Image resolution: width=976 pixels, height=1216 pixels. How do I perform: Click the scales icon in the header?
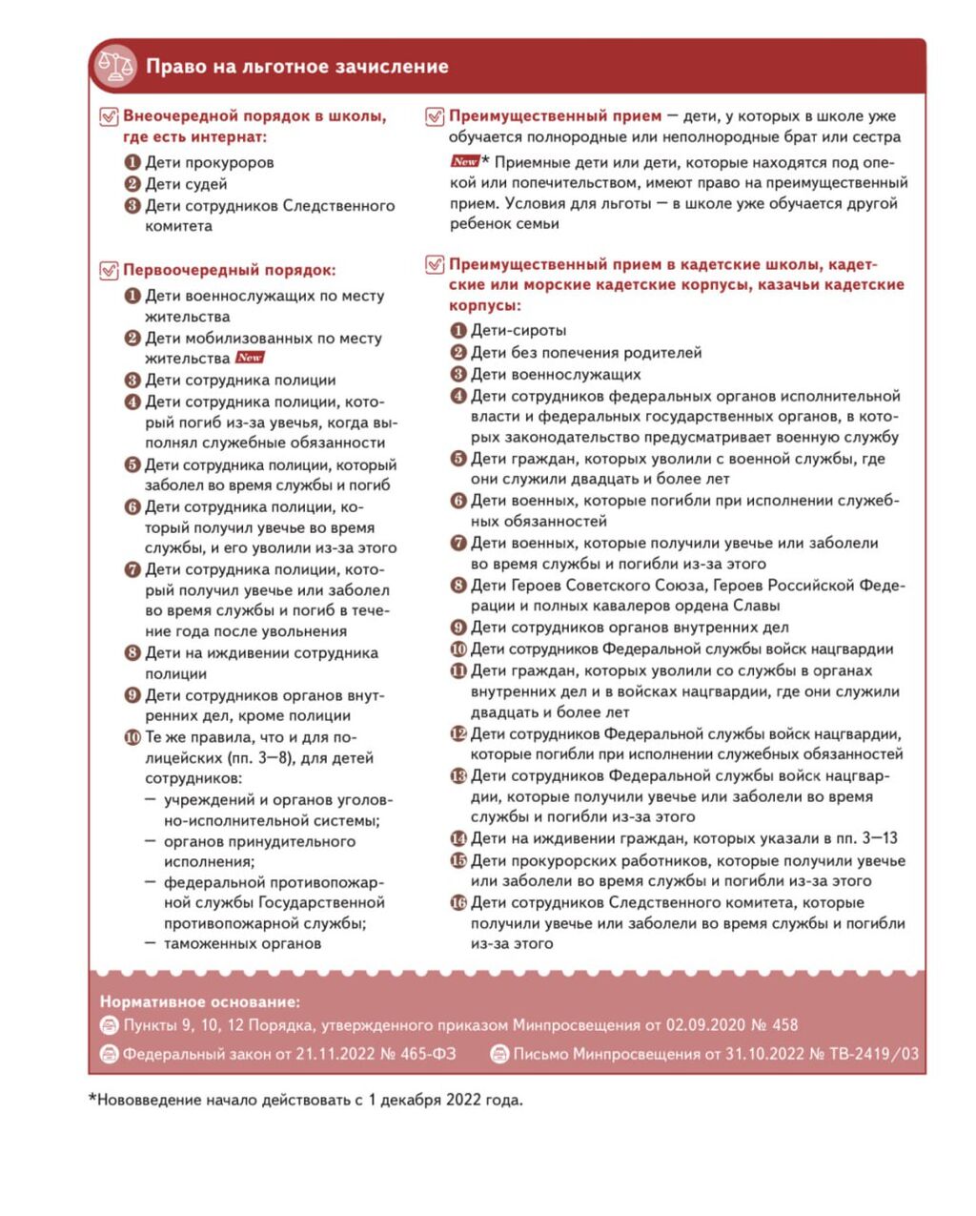coord(116,66)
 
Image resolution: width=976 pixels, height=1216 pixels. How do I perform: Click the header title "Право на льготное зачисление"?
coord(296,67)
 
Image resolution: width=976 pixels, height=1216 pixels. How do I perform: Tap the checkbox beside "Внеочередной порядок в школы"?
coord(109,117)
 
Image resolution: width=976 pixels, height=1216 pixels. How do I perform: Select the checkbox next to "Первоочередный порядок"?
coord(109,271)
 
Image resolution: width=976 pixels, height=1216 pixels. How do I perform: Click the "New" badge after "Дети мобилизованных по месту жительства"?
coord(250,358)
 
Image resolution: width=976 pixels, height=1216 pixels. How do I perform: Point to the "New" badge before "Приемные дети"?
coord(464,161)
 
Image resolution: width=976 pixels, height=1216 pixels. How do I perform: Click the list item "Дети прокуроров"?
coord(209,162)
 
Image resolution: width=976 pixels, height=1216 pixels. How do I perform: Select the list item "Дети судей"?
coord(186,184)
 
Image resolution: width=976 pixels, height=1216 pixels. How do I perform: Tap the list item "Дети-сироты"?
coord(518,330)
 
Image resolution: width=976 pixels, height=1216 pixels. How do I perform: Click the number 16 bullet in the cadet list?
coord(458,902)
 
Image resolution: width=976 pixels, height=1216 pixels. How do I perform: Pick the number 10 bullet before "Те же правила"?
coord(132,737)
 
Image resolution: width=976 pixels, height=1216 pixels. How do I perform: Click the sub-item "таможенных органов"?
coord(242,943)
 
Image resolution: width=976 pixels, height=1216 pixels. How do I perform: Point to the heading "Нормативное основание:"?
coord(199,1002)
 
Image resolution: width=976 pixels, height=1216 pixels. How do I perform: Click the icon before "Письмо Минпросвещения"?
coord(498,1054)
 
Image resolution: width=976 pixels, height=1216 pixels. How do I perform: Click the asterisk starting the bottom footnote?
coord(92,1099)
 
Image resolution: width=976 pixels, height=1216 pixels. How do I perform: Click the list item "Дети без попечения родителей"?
coord(585,352)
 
